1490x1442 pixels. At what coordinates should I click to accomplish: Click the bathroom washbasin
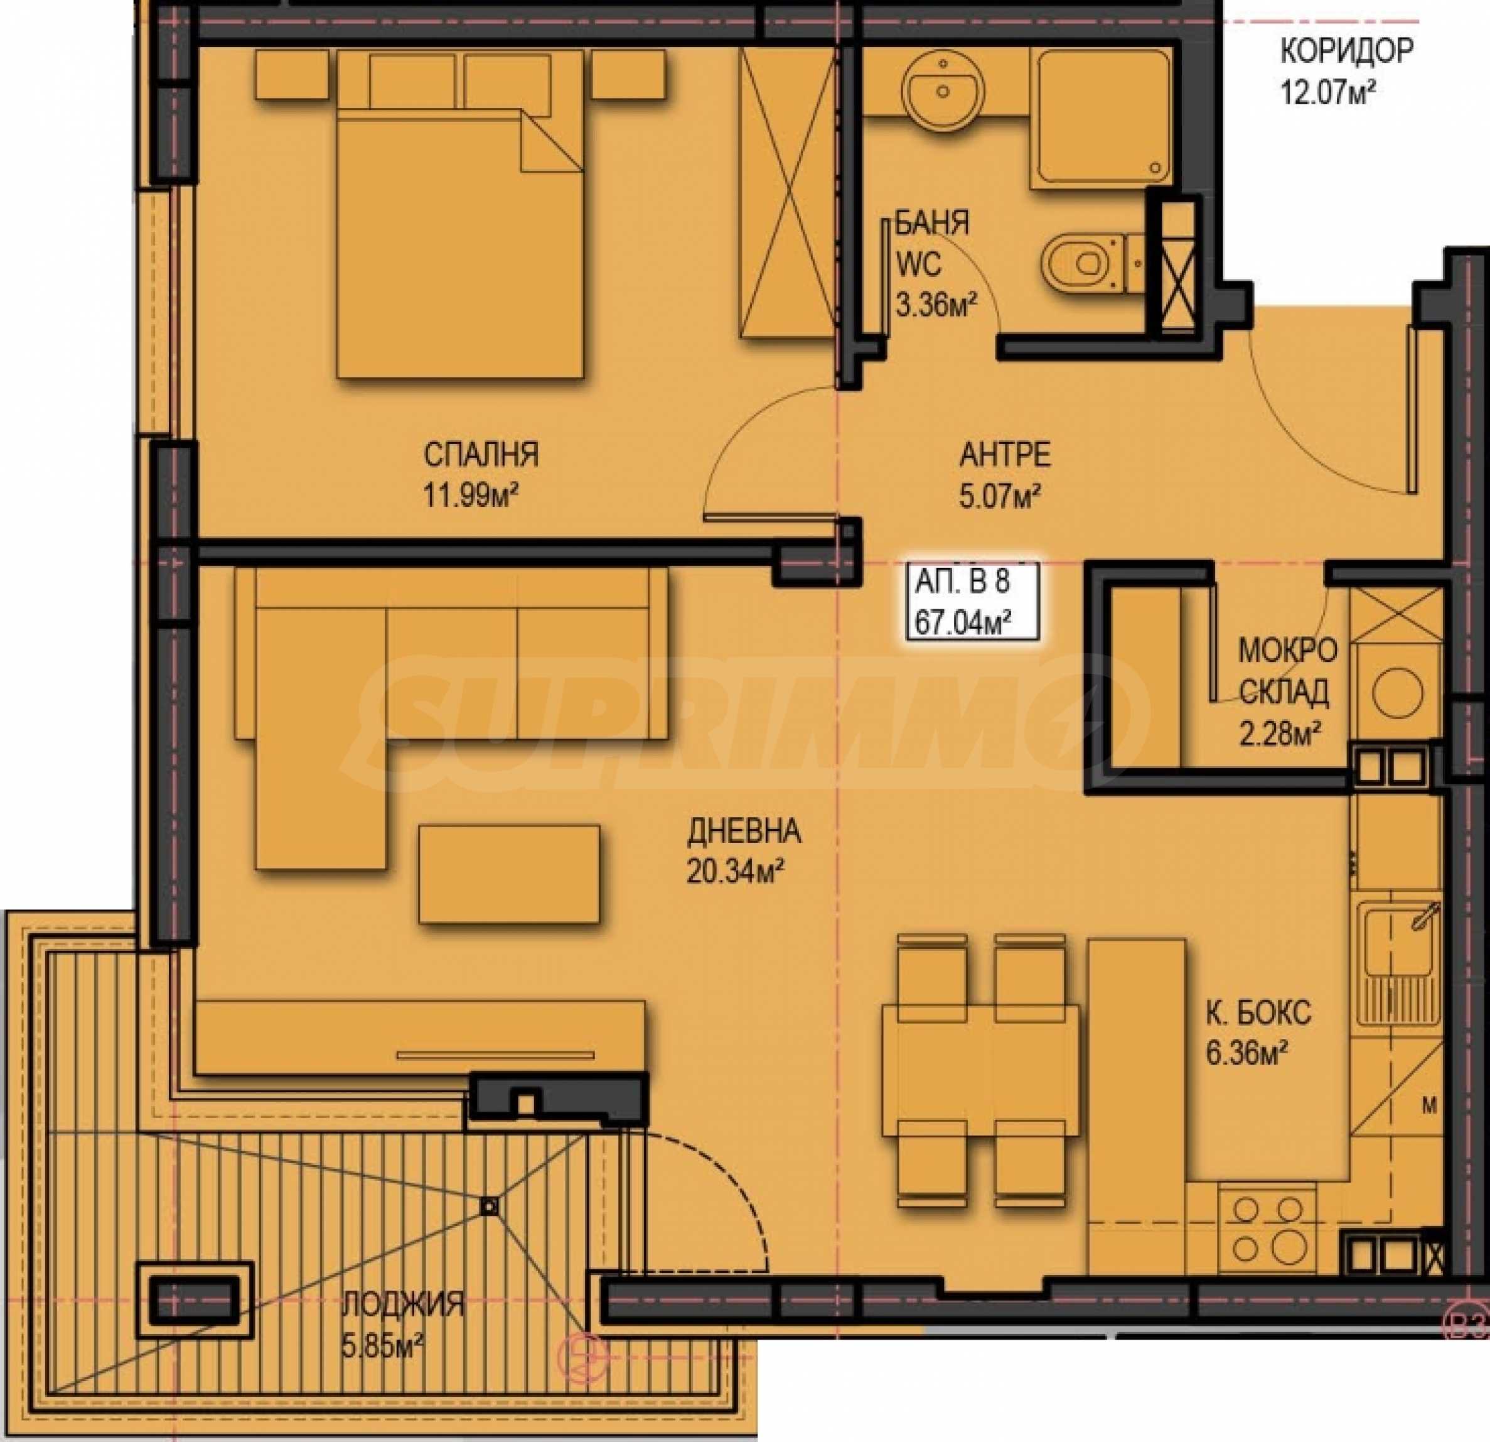click(x=943, y=90)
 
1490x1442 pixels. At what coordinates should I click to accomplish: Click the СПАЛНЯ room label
click(x=481, y=455)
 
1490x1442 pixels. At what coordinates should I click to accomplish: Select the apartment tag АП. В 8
click(x=962, y=582)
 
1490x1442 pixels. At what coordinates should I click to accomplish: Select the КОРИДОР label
click(x=1347, y=51)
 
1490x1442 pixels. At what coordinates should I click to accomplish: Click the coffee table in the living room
click(x=508, y=875)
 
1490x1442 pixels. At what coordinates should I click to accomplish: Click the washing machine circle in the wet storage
click(x=1397, y=691)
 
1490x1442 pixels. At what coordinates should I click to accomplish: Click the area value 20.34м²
click(x=735, y=872)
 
